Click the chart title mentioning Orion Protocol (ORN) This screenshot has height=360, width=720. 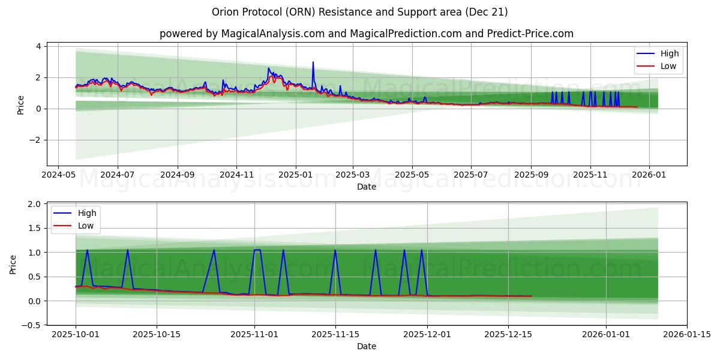(360, 12)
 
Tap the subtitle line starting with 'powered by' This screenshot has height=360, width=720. (366, 34)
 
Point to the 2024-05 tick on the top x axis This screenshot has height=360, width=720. (58, 175)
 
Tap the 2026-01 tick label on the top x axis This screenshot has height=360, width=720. (649, 175)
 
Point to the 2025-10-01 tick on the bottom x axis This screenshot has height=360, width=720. (76, 334)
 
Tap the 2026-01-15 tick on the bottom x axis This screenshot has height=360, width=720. (687, 334)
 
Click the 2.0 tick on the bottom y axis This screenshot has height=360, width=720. (35, 204)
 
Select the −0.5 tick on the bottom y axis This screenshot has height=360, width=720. (32, 325)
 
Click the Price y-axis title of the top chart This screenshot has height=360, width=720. (21, 104)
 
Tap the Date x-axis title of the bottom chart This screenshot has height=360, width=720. (367, 346)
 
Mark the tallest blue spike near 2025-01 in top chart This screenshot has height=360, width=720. (313, 62)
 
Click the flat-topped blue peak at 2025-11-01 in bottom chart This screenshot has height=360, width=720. (257, 250)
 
